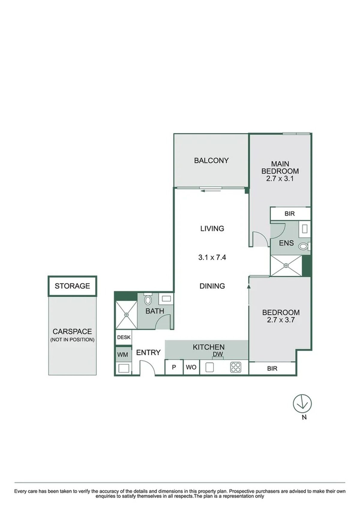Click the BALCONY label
[x=211, y=161]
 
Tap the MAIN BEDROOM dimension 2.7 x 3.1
[x=280, y=178]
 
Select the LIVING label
[x=212, y=228]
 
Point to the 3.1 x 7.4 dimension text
[x=212, y=258]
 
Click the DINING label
[x=212, y=286]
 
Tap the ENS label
[x=286, y=243]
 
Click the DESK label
[x=124, y=337]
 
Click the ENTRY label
[x=148, y=352]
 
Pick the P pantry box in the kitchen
[x=174, y=367]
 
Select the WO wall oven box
[x=191, y=367]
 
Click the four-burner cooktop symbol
[x=236, y=367]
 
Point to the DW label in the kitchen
[x=218, y=354]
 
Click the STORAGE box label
[x=72, y=286]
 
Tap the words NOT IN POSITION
[x=72, y=340]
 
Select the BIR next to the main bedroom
[x=289, y=213]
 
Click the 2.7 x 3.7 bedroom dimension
[x=280, y=320]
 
